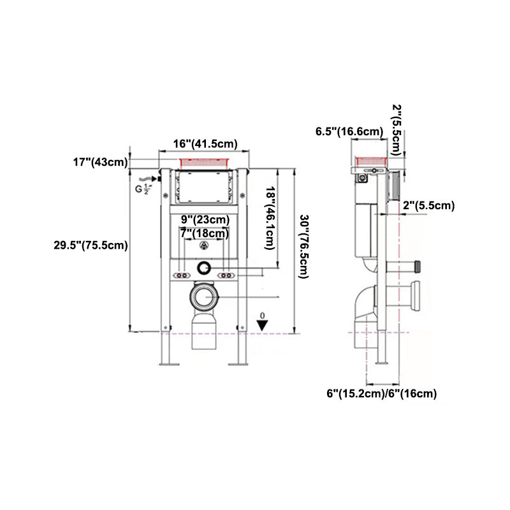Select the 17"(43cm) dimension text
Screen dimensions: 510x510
point(99,162)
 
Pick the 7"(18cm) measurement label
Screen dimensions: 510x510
point(204,233)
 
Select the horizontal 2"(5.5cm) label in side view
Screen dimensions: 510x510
point(428,205)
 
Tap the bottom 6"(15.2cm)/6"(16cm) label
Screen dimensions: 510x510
point(381,393)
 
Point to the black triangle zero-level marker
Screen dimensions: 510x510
point(261,325)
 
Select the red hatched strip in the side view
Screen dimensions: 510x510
point(370,160)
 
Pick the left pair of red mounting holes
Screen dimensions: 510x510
point(182,275)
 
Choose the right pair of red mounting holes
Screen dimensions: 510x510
point(227,275)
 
